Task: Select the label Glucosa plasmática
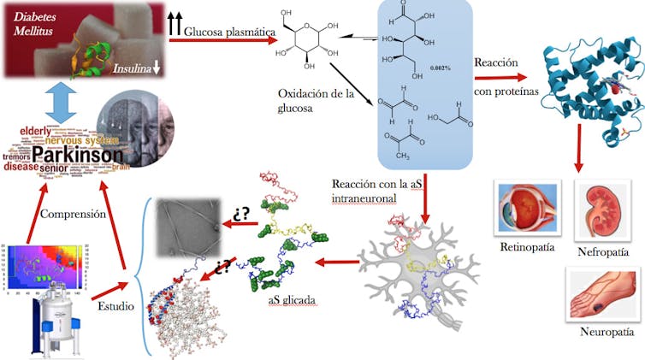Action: pos(229,31)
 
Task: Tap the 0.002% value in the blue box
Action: pos(442,67)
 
